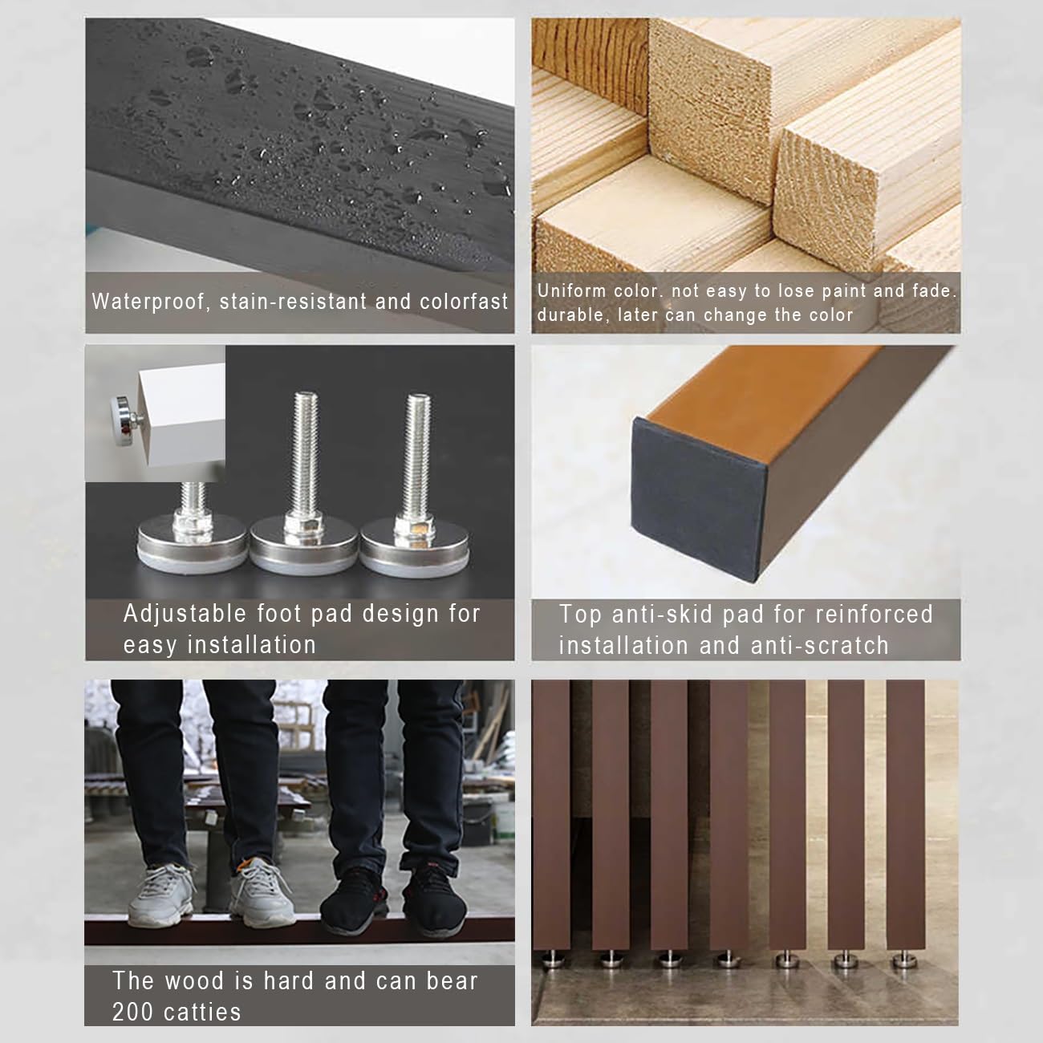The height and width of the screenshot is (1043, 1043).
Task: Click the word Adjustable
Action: [x=185, y=615]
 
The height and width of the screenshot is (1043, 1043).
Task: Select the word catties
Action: [x=202, y=1013]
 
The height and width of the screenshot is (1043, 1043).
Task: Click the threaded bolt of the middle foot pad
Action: [x=305, y=455]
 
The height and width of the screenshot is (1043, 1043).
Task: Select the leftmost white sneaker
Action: [x=162, y=895]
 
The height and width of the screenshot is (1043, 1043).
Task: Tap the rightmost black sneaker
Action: [x=434, y=900]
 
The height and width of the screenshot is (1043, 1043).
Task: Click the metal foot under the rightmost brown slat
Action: [x=904, y=960]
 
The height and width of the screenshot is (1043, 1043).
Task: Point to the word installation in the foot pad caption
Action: [x=252, y=645]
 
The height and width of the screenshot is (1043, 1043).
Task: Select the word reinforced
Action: [x=875, y=615]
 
